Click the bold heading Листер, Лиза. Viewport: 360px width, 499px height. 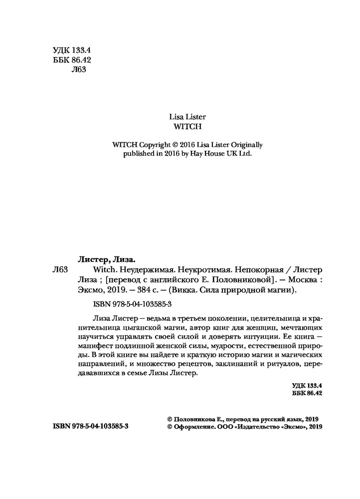(108, 259)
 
